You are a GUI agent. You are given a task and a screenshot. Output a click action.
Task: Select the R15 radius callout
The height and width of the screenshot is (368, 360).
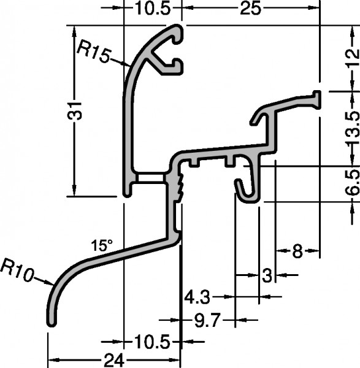[94, 51]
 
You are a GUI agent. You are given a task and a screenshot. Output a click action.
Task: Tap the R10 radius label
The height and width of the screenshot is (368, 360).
[17, 270]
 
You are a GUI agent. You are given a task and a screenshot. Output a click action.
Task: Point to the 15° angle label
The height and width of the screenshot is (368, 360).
[102, 245]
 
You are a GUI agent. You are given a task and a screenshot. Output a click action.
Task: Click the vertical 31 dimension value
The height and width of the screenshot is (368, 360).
[75, 111]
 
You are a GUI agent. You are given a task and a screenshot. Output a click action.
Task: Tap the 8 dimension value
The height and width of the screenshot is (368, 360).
[297, 251]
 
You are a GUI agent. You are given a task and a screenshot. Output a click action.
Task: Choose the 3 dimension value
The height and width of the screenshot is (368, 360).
[267, 275]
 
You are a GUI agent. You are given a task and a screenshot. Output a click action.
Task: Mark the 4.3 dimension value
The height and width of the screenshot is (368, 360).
[197, 297]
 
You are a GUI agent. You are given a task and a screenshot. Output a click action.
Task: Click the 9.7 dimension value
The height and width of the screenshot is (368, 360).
[207, 320]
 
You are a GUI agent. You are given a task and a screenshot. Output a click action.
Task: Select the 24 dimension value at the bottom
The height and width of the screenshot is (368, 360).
[113, 360]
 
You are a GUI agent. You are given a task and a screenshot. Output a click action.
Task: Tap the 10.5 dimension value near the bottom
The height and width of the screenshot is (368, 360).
[152, 342]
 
